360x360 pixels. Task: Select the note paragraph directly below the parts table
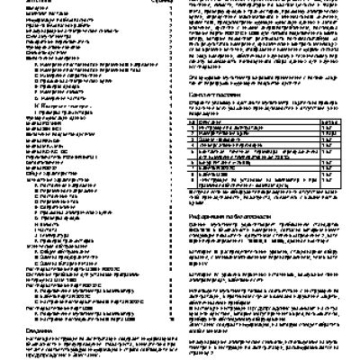click(266, 201)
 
